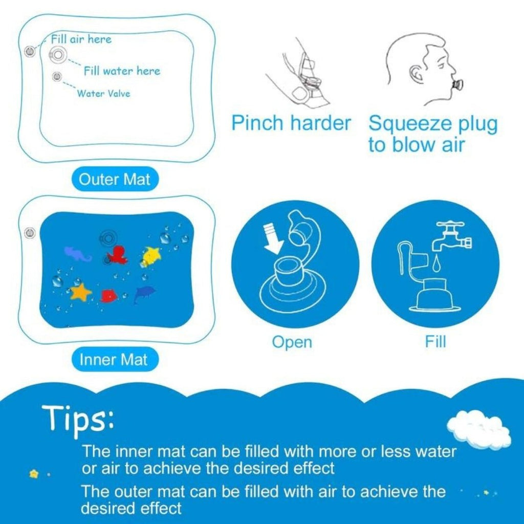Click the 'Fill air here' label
81,39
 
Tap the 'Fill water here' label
122,71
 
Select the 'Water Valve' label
103,94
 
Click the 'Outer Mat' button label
114,180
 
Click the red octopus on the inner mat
117,254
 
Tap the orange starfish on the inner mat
80,292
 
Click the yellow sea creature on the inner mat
151,255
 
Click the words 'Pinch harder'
291,123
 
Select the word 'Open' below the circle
292,342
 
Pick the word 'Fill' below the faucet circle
435,341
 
